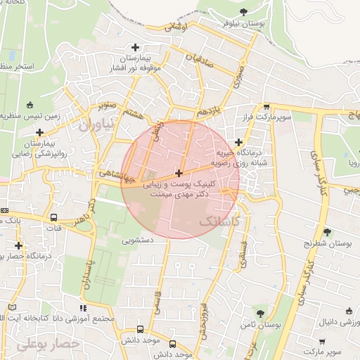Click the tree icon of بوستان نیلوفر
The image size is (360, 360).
pyautogui.click(x=243, y=12)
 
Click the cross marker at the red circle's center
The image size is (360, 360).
pyautogui.click(x=179, y=173)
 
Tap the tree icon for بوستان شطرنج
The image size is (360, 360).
pyautogui.click(x=327, y=232)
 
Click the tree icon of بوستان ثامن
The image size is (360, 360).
pyautogui.click(x=261, y=314)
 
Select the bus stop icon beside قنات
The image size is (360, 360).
pyautogui.click(x=54, y=218)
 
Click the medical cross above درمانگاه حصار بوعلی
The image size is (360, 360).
pyautogui.click(x=19, y=245)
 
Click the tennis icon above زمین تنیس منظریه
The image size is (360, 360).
pyautogui.click(x=30, y=105)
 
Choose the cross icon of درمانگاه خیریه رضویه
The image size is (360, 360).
pyautogui.click(x=239, y=142)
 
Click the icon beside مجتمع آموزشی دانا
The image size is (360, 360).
pyautogui.click(x=84, y=308)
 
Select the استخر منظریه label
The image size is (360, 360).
pyautogui.click(x=15, y=65)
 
